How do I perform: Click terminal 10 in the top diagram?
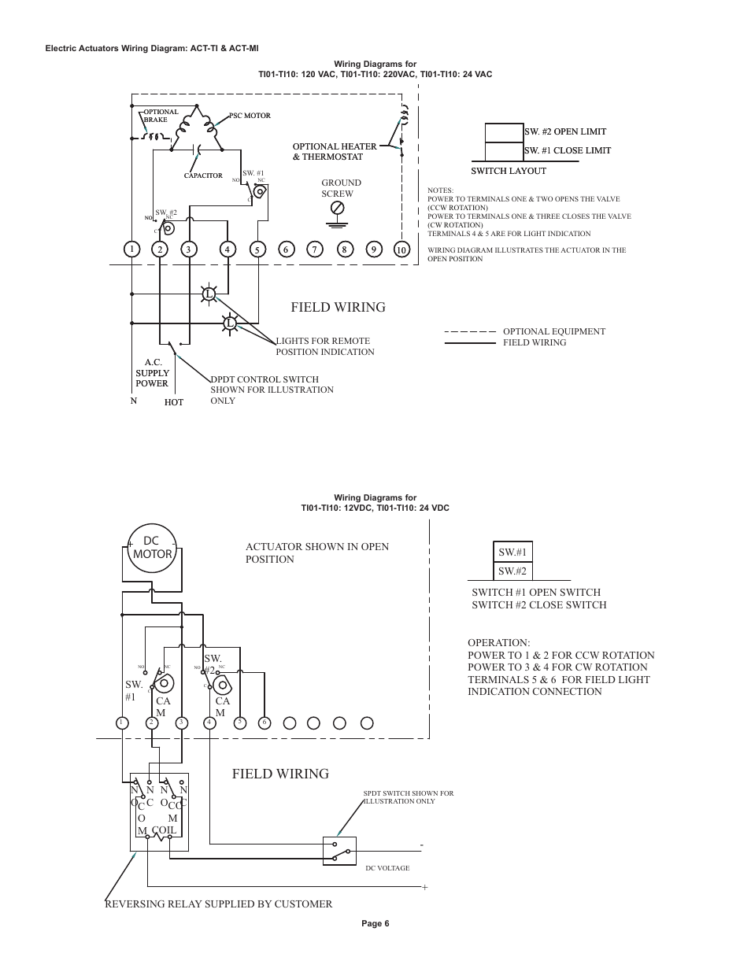pos(401,249)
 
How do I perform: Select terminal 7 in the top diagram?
pos(314,249)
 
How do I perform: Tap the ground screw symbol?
pos(337,208)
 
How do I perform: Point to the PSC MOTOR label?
pos(250,116)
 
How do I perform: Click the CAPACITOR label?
pos(203,176)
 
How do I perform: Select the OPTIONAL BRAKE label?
pos(161,116)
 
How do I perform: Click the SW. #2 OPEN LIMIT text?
pos(564,131)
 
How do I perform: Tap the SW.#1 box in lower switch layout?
pos(512,553)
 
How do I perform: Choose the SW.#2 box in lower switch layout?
pos(512,571)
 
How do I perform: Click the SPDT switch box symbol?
pos(340,851)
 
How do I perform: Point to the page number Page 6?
pos(375,924)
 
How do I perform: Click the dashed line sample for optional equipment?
pos(470,331)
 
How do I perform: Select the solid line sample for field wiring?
pos(470,343)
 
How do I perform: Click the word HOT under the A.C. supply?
pos(174,402)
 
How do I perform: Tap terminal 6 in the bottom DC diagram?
pos(265,723)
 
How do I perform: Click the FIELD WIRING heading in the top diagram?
pos(338,307)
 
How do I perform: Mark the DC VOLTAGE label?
pos(387,868)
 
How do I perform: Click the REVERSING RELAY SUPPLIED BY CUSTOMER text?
pos(218,904)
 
